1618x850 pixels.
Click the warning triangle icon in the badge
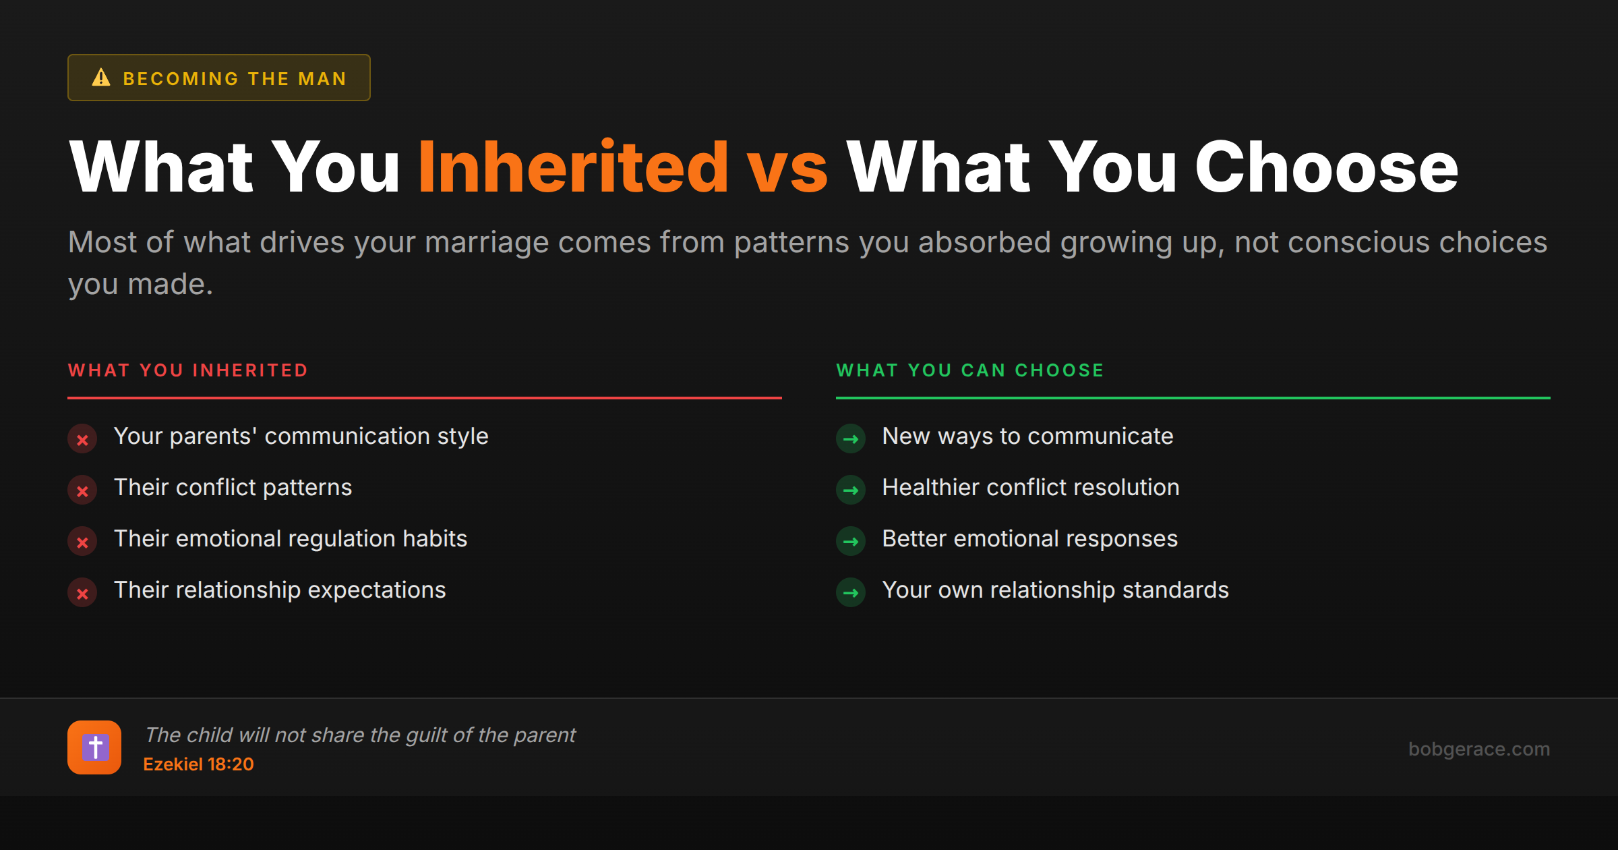click(101, 78)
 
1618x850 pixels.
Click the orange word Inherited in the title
click(573, 167)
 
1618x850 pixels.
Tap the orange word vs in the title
click(787, 167)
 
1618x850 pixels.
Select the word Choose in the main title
click(1326, 167)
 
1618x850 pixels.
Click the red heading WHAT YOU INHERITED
click(188, 370)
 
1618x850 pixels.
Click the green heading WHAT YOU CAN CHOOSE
click(970, 370)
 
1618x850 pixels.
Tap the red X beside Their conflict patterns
click(82, 490)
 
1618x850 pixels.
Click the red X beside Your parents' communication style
click(82, 439)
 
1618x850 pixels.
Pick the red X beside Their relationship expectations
click(82, 593)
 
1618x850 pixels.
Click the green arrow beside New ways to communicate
click(851, 439)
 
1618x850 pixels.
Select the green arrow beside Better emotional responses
click(851, 542)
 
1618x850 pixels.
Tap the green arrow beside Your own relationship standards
click(851, 593)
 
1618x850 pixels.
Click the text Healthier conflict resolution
click(1030, 488)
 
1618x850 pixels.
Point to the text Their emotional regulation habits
click(290, 539)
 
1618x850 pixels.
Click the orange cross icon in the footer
click(94, 747)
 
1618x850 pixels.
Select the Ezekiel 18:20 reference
click(198, 764)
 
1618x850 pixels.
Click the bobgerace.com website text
click(1478, 749)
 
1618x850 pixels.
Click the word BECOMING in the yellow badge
click(181, 79)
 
